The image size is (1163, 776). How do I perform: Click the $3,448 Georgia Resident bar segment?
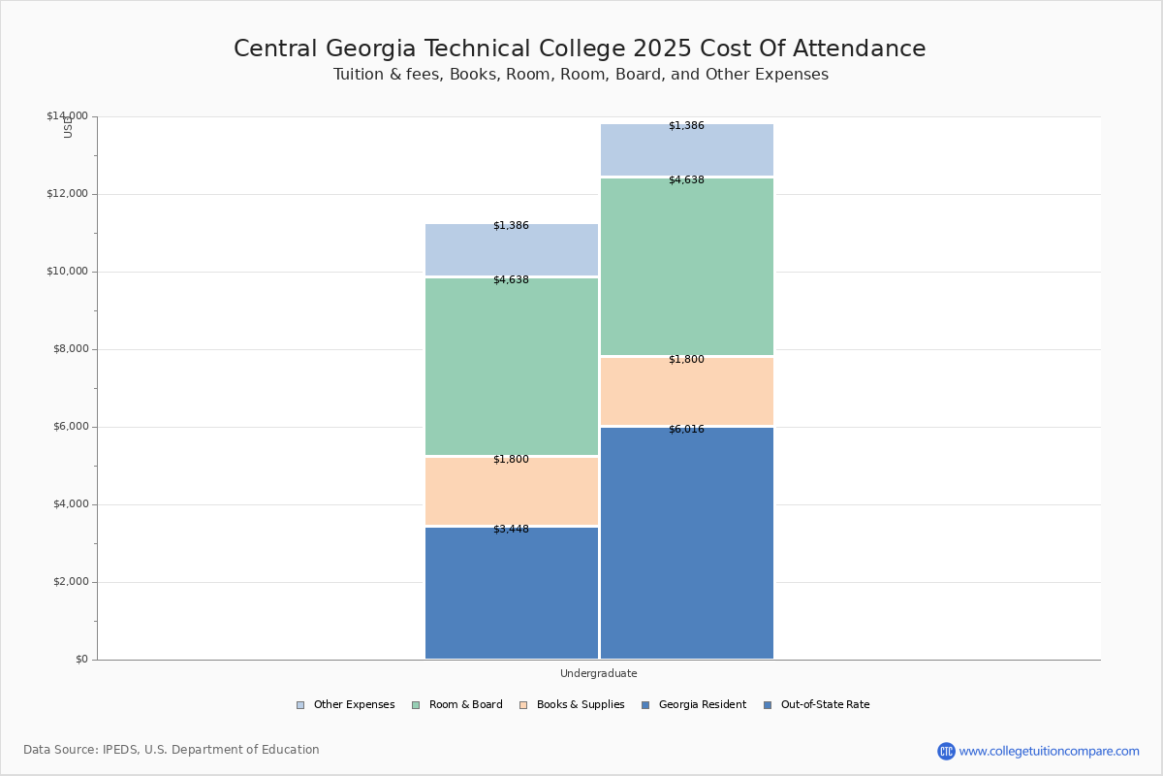pos(512,594)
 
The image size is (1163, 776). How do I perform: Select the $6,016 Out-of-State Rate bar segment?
pos(687,543)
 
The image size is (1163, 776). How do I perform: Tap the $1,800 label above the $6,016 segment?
pos(686,360)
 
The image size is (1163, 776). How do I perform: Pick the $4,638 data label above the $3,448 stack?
pos(511,280)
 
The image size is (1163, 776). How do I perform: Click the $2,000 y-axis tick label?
pos(69,582)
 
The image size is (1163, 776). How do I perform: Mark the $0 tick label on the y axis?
pos(80,660)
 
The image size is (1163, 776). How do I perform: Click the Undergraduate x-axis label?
pos(598,673)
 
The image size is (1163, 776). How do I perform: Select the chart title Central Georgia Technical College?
pos(580,48)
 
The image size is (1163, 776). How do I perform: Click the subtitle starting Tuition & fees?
pos(581,75)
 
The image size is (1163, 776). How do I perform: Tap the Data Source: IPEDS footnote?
pos(172,750)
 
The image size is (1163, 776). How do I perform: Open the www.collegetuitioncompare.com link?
pos(1049,751)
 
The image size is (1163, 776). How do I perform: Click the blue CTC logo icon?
pos(946,751)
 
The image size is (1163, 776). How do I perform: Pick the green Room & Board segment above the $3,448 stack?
pos(512,367)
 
